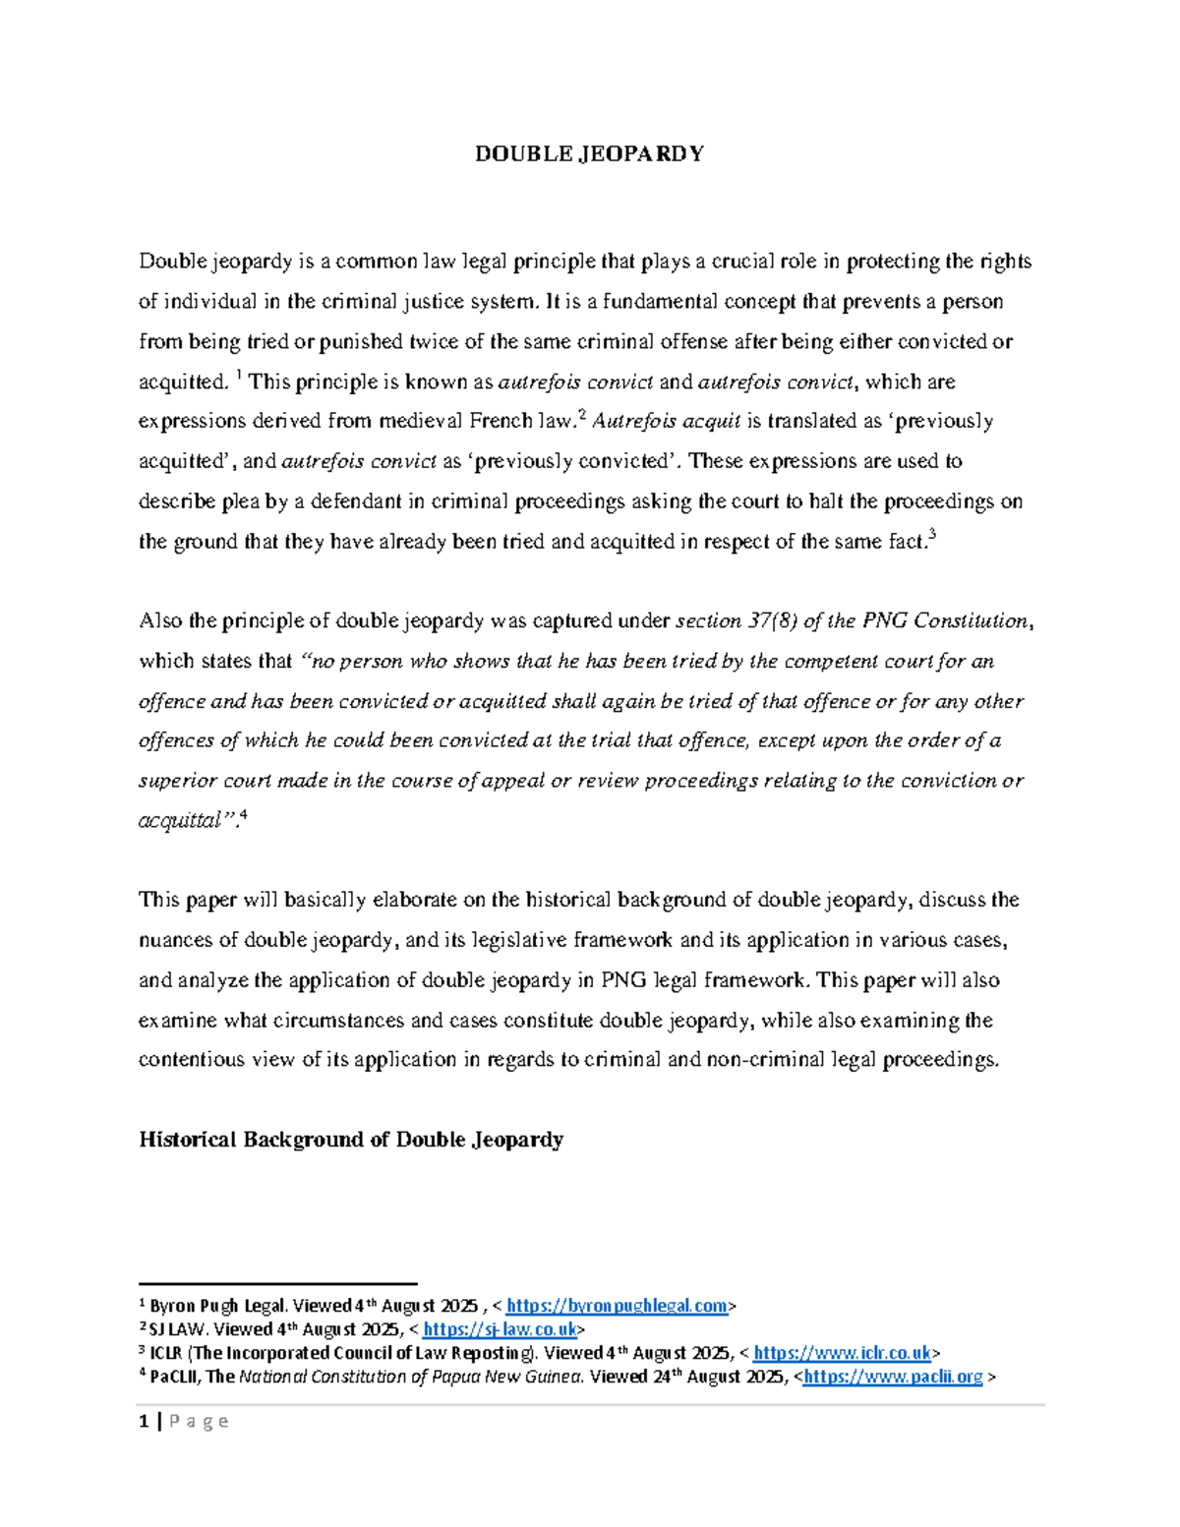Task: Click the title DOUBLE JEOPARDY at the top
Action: click(x=589, y=154)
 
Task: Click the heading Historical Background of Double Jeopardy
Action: click(x=351, y=1140)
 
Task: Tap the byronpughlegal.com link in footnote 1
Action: click(x=617, y=1306)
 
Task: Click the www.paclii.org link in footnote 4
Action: click(x=893, y=1377)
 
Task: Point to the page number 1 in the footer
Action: click(x=144, y=1421)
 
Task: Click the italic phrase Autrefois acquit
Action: click(x=667, y=421)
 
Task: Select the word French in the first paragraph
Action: click(x=501, y=421)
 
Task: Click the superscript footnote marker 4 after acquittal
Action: click(x=243, y=815)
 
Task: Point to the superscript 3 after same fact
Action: click(x=931, y=536)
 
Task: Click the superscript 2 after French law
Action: click(x=582, y=416)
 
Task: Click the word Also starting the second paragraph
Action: click(x=161, y=620)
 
